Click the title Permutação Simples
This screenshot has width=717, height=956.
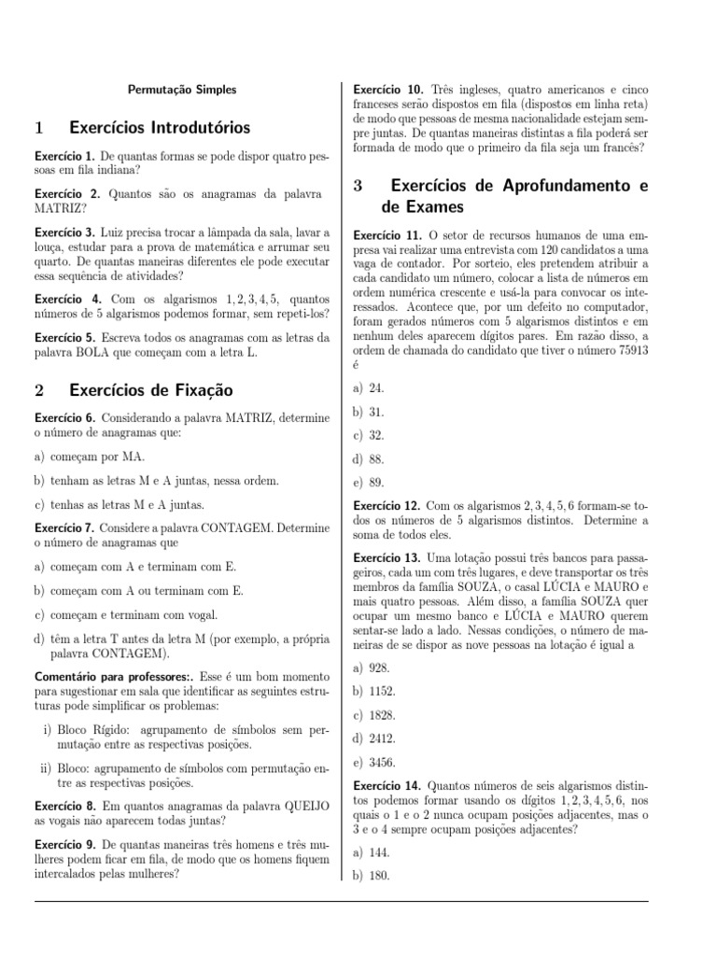(182, 90)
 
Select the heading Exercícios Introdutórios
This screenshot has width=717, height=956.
(160, 127)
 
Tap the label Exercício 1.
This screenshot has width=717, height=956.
(63, 155)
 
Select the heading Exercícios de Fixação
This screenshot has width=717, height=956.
(150, 389)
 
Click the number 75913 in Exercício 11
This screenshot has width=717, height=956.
(626, 349)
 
